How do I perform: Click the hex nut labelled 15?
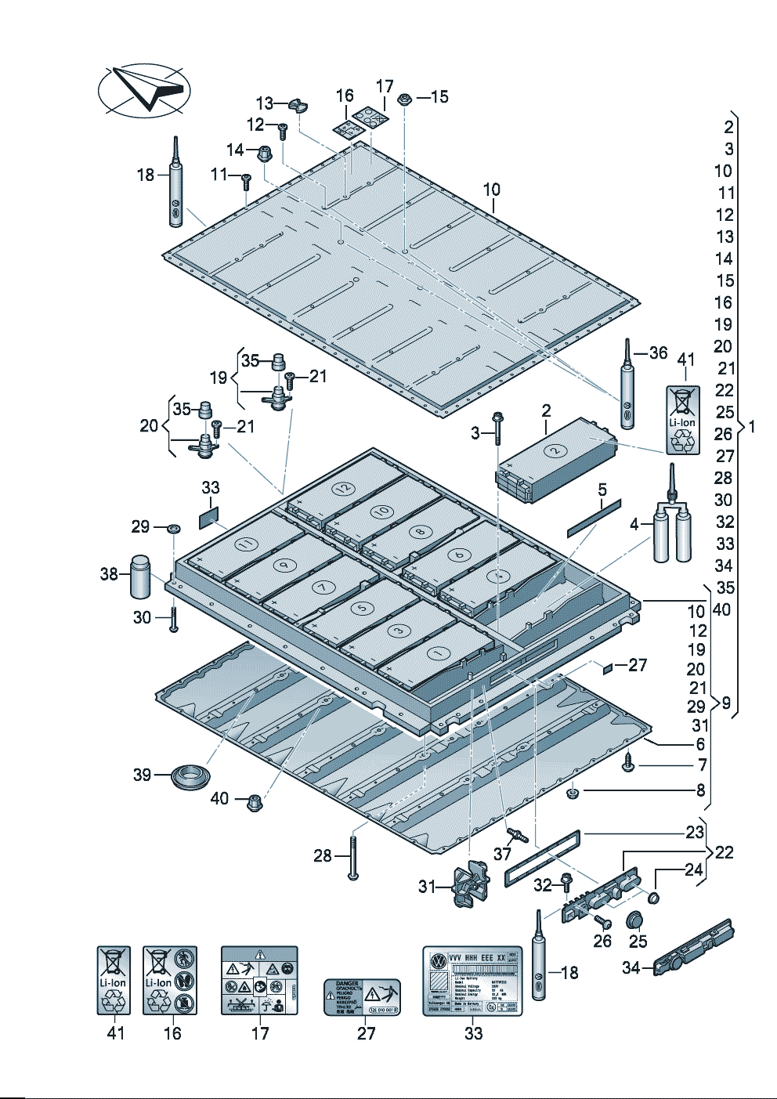click(x=405, y=99)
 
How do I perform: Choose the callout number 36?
click(x=658, y=353)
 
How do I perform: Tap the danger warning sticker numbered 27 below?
click(x=363, y=997)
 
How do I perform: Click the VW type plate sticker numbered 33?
click(x=472, y=982)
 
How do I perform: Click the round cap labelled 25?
click(x=637, y=920)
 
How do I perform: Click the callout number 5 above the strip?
click(x=602, y=490)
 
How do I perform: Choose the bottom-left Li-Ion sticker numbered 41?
click(x=114, y=980)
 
